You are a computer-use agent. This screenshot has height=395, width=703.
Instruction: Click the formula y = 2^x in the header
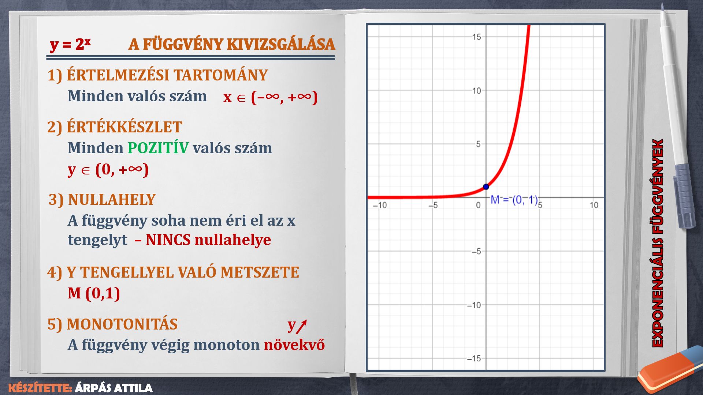point(70,45)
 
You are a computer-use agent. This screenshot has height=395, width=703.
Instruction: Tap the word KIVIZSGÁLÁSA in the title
point(281,44)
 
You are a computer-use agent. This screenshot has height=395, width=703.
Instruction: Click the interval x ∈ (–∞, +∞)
point(270,97)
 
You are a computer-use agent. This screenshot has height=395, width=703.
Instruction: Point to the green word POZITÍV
point(158,148)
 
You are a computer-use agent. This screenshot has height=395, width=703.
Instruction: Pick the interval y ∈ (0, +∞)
point(108,170)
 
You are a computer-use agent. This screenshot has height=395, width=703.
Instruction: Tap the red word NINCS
point(168,240)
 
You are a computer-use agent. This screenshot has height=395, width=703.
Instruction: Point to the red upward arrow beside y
point(301,327)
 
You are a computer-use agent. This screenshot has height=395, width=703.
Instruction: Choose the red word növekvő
point(294,345)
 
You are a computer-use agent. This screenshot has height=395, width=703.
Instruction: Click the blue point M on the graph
point(486,187)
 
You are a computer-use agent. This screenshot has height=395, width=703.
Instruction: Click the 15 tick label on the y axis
point(476,37)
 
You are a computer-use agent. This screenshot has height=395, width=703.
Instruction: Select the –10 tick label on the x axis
point(380,205)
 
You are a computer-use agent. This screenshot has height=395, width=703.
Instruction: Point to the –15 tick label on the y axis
point(474,358)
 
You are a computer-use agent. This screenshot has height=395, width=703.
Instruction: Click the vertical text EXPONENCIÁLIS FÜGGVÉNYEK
point(658,243)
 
